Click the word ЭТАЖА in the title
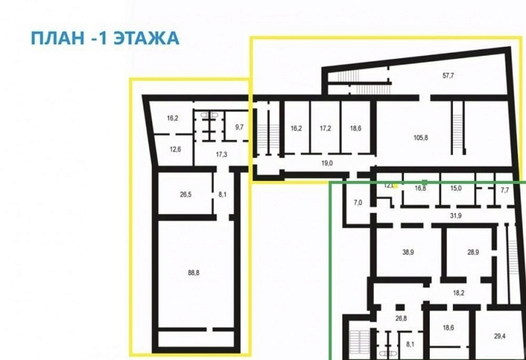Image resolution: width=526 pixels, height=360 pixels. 146,38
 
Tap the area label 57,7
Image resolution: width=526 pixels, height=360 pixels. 448,76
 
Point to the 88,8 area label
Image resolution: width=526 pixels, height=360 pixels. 194,272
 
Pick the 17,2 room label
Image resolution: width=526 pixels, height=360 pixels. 325,128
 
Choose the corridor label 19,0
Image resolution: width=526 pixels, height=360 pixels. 327,163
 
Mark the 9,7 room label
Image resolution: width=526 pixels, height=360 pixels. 239,127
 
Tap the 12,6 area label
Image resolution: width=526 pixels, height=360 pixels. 175,150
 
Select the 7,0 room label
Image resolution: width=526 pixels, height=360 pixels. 358,203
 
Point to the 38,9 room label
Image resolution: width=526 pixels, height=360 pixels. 408,252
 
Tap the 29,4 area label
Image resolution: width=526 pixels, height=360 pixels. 500,336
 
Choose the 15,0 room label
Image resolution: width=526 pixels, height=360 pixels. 455,189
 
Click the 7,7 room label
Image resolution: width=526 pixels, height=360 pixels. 504,190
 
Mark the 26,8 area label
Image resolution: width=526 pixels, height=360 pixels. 401,318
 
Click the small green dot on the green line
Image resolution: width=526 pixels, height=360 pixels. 424,183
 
